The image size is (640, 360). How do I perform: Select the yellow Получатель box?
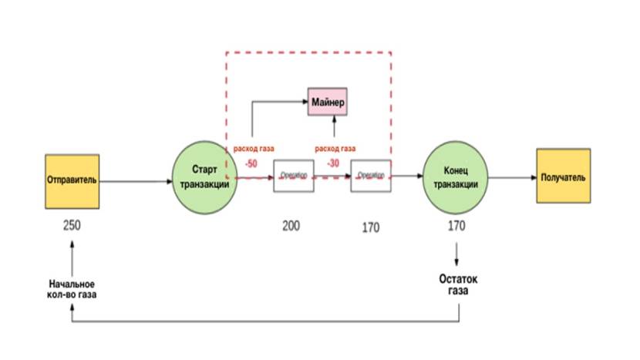pos(563,177)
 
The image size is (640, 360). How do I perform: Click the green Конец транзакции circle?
pos(456,177)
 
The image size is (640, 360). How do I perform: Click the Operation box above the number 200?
pos(294,177)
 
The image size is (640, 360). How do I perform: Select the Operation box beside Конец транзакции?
pos(371,177)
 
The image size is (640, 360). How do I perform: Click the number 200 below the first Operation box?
pos(291,226)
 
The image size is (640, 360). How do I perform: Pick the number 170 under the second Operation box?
pos(371,228)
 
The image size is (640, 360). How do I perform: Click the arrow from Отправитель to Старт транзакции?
pos(135,182)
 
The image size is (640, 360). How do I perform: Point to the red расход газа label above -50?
pos(250,149)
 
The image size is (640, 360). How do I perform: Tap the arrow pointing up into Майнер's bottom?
pos(333,127)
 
